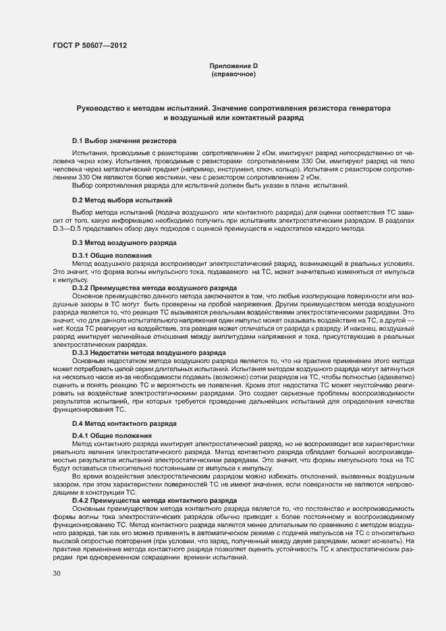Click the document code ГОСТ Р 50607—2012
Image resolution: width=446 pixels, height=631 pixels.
[89, 46]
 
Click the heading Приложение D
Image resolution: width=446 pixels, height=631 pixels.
[233, 65]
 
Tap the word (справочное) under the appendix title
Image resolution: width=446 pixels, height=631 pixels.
[233, 74]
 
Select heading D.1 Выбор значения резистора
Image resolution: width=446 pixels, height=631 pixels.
[124, 141]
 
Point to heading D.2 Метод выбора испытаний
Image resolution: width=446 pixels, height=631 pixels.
[122, 200]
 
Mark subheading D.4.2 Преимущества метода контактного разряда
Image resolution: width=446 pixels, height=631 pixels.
[154, 500]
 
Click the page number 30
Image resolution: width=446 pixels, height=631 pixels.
[57, 573]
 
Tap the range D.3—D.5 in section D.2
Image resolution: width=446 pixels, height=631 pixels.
[69, 228]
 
